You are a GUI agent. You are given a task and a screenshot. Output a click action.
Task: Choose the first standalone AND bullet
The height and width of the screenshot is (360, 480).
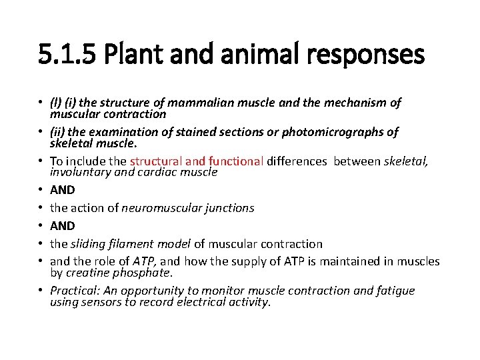[x=63, y=190]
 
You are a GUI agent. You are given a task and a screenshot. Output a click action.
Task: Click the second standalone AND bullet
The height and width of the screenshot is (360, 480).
[x=63, y=226]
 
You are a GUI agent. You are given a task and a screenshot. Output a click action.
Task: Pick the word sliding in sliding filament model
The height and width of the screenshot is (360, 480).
[x=87, y=244]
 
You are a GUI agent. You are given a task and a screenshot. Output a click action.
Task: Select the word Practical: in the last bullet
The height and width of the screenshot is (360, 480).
[x=73, y=291]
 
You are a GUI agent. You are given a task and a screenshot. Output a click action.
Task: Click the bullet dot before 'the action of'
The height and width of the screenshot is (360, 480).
[x=43, y=208]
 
